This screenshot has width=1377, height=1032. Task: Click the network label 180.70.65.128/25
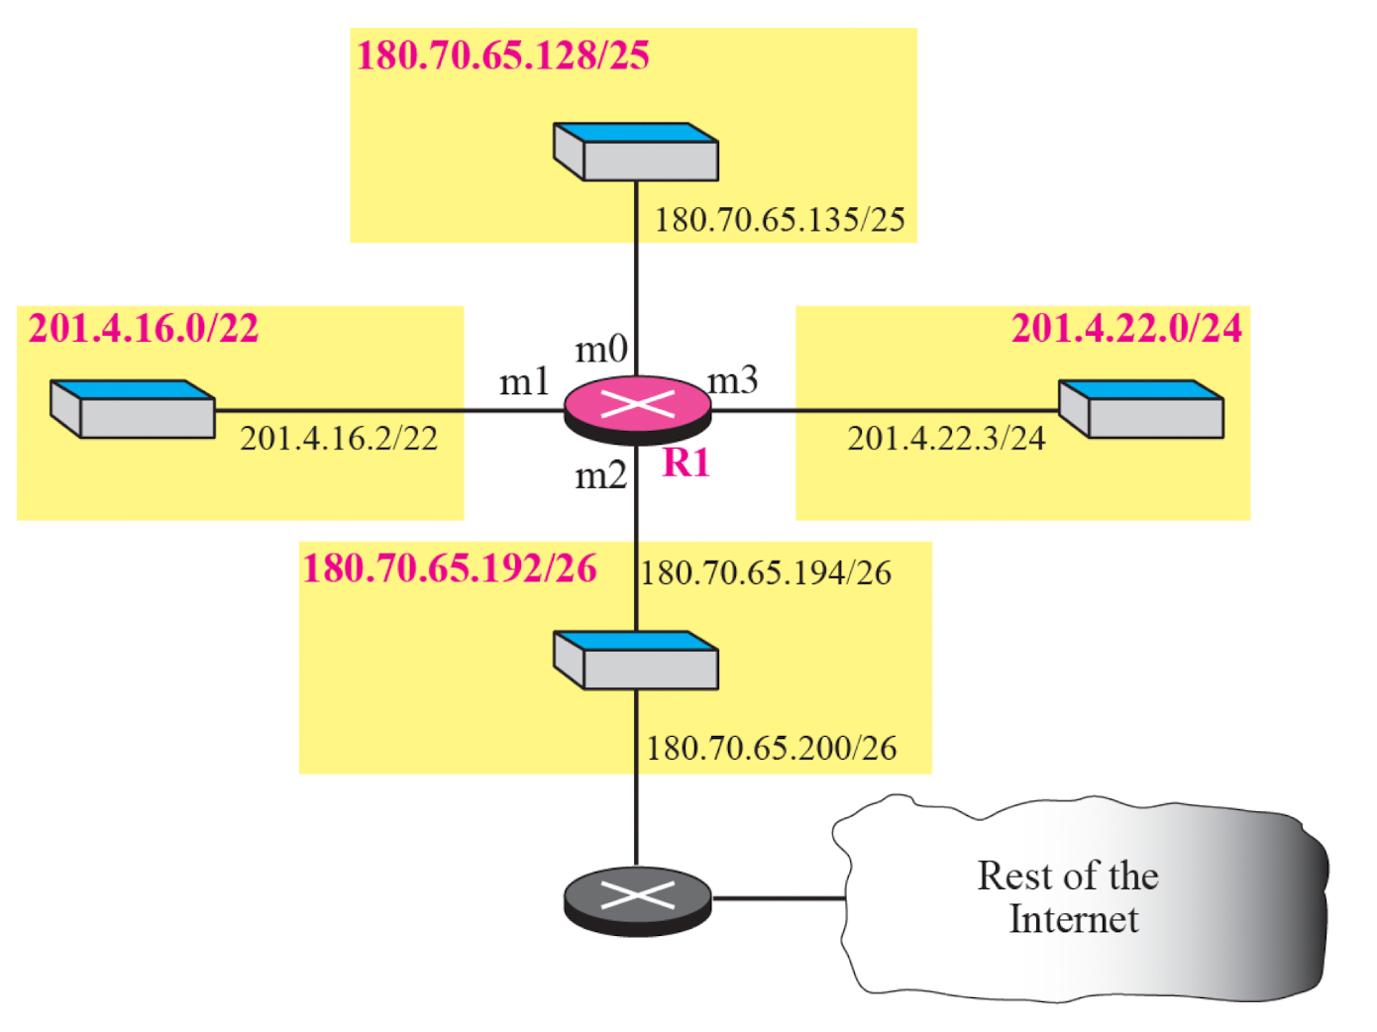point(502,55)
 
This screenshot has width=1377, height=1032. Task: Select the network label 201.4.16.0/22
point(144,329)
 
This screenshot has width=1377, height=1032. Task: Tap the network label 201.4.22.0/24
point(1125,329)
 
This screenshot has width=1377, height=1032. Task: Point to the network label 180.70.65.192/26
point(450,569)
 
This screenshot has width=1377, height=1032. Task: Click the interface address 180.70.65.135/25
point(780,220)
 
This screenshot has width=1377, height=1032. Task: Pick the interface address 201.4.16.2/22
point(339,439)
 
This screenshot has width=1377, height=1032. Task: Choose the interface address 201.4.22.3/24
point(946,439)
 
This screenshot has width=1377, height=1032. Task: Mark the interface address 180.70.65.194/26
point(766,573)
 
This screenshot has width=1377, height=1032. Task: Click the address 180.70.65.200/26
point(771,749)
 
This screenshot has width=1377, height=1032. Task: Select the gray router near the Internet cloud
point(637,899)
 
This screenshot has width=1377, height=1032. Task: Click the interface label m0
point(601,350)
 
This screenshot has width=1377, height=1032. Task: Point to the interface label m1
point(524,382)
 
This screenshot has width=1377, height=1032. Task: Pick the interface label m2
point(601,477)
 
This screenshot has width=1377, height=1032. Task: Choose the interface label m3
point(733,380)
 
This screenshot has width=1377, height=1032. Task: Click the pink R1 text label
point(687,464)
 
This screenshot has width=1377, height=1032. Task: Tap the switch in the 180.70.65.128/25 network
point(636,153)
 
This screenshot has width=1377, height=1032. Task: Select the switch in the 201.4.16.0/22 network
point(133,409)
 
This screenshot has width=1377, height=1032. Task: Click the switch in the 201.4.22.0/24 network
point(1141,409)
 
